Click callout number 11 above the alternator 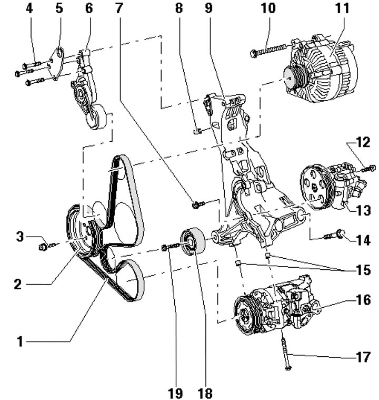tap(342, 8)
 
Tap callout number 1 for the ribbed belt tap(20, 342)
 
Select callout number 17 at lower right tap(363, 357)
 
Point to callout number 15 tap(363, 270)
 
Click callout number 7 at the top tap(119, 8)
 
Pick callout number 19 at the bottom tap(175, 393)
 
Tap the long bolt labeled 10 tap(270, 50)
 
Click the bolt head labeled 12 tap(372, 168)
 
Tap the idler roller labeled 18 tap(193, 240)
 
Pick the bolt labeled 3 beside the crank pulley tap(48, 246)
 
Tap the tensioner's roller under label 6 tap(96, 116)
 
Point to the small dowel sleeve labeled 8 tap(197, 131)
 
